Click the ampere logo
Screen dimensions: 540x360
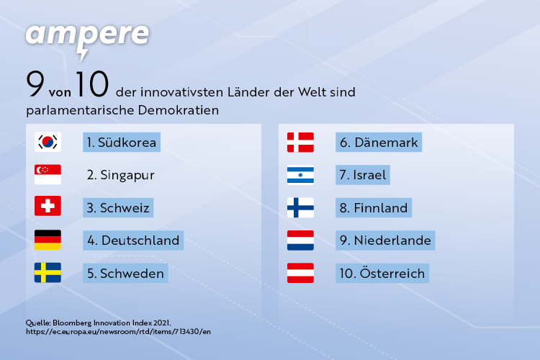pyautogui.click(x=87, y=40)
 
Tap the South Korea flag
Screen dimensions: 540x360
pyautogui.click(x=48, y=142)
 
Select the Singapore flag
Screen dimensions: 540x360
pyautogui.click(x=48, y=174)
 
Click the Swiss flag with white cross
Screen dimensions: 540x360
pyautogui.click(x=48, y=206)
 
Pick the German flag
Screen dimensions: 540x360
pyautogui.click(x=48, y=240)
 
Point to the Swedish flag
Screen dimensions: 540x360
pyautogui.click(x=48, y=272)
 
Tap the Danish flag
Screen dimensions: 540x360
pyautogui.click(x=300, y=143)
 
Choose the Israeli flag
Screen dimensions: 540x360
pyautogui.click(x=300, y=176)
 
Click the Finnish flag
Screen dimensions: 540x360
pyautogui.click(x=300, y=207)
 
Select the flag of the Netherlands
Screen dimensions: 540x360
pyautogui.click(x=300, y=240)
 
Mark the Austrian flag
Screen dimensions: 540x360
pyautogui.click(x=300, y=273)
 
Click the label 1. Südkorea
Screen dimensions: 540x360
pyautogui.click(x=122, y=143)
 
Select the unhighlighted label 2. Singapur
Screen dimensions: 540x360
pyautogui.click(x=120, y=175)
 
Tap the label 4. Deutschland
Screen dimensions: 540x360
pyautogui.click(x=133, y=240)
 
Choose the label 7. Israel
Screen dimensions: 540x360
pyautogui.click(x=363, y=175)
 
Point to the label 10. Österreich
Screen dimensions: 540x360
pyautogui.click(x=382, y=273)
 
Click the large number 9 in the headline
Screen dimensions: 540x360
pyautogui.click(x=35, y=84)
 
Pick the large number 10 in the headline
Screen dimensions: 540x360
pyautogui.click(x=92, y=84)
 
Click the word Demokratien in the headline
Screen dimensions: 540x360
pyautogui.click(x=179, y=110)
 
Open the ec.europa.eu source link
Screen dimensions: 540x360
pyautogui.click(x=119, y=332)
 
